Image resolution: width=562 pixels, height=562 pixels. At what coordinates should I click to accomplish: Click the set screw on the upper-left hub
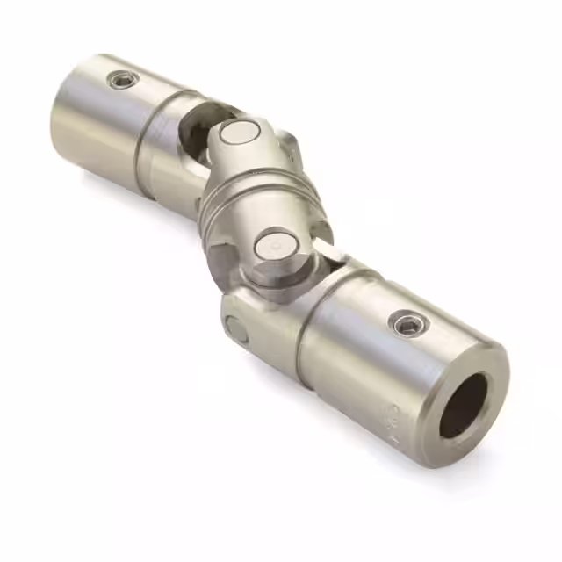point(122,81)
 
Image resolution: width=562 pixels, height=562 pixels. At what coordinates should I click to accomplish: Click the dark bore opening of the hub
point(463,405)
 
